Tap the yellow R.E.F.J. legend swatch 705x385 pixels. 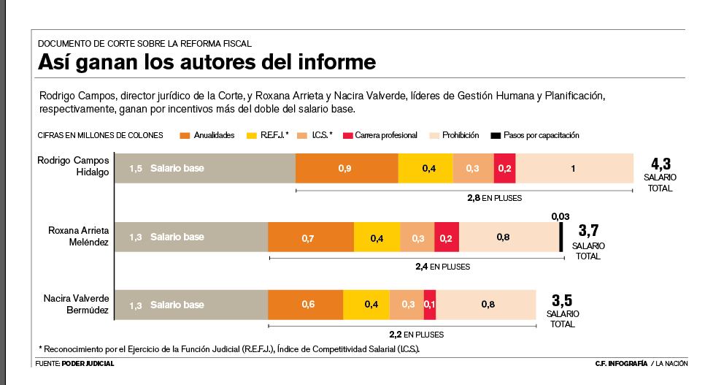tap(253, 135)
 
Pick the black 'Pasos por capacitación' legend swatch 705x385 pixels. tap(496, 135)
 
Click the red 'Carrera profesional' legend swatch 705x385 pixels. tap(348, 135)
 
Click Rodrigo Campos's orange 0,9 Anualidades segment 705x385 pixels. tap(347, 169)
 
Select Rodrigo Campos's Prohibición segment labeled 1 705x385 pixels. tap(574, 169)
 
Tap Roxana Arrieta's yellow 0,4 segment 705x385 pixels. tap(377, 237)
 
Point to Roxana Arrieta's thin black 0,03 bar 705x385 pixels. tap(560, 237)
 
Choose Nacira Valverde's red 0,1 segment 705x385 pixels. tap(429, 305)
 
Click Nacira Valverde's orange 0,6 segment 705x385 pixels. tap(306, 305)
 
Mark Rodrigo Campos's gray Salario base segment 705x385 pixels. tap(205, 169)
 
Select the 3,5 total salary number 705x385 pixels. tap(561, 300)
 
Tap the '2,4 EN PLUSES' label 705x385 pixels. tap(442, 267)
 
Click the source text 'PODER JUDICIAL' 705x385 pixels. tap(88, 364)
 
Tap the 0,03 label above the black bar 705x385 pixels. tap(560, 216)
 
